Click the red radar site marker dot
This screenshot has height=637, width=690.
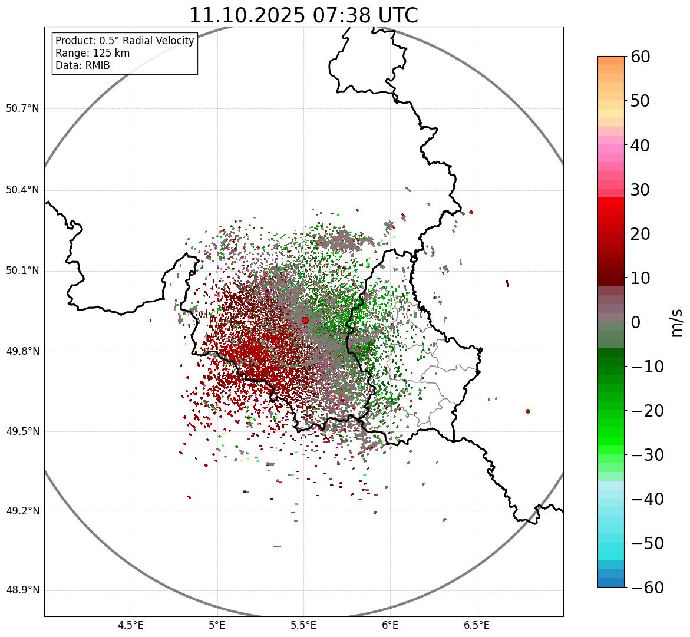click(305, 320)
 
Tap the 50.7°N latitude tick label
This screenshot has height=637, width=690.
click(22, 109)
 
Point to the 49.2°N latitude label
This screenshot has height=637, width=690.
click(22, 511)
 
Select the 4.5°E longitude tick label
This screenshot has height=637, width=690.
click(131, 625)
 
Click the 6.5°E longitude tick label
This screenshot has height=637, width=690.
click(476, 625)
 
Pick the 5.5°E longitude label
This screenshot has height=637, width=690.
click(303, 625)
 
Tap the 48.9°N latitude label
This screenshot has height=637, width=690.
click(22, 590)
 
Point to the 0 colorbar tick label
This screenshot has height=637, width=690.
click(636, 322)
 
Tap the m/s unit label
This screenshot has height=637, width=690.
click(677, 322)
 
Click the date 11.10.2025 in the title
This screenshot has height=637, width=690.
click(247, 15)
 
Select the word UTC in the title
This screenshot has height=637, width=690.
click(395, 15)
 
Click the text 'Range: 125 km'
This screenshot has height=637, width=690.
click(93, 53)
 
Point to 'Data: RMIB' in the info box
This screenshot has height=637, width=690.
click(82, 65)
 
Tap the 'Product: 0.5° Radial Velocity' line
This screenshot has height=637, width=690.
click(124, 41)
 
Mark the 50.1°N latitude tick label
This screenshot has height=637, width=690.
click(22, 271)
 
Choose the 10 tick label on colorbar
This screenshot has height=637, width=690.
click(645, 278)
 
